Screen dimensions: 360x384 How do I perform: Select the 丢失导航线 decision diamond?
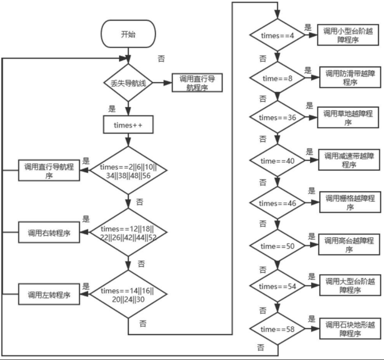pos(128,83)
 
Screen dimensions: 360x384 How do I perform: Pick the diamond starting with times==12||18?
pos(128,232)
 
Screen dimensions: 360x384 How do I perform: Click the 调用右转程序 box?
pos(49,232)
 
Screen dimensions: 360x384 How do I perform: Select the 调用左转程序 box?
pos(49,294)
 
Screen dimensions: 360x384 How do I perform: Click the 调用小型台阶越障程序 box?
pos(348,34)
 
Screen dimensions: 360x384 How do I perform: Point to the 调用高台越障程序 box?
pos(348,245)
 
